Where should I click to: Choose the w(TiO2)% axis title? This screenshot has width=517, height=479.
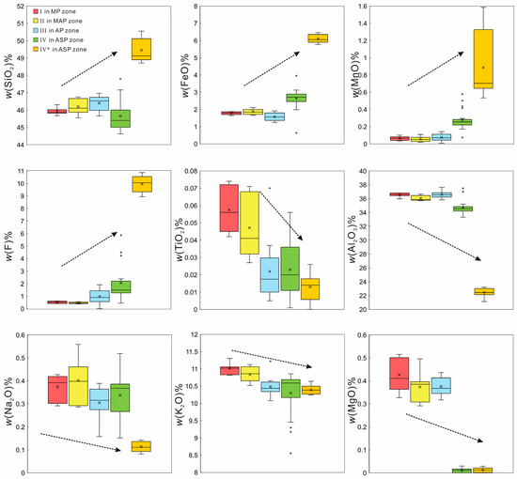[183, 240]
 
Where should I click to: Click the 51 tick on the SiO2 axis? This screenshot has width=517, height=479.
[30, 7]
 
